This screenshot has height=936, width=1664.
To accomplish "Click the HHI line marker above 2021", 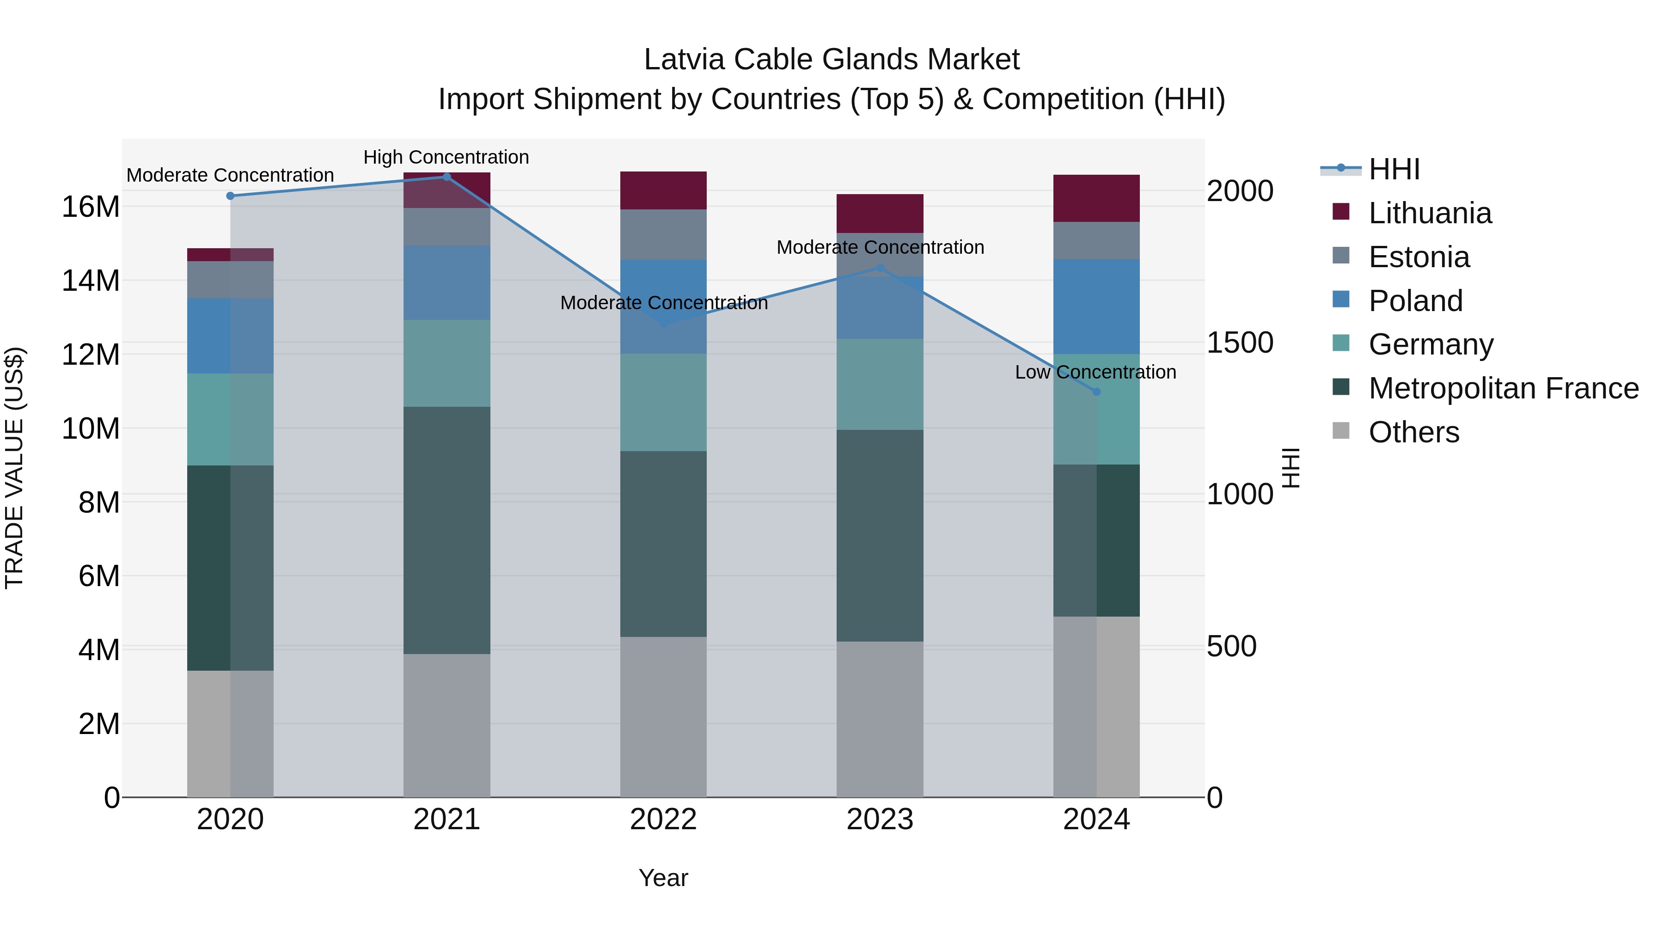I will (447, 177).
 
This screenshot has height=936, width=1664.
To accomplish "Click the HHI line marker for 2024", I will (1096, 392).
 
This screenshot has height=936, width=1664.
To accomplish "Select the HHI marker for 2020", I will (231, 196).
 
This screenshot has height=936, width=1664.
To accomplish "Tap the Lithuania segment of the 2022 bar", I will (663, 190).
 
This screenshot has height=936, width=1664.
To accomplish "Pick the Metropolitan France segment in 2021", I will (447, 530).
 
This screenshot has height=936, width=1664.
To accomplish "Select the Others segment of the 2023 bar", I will (880, 718).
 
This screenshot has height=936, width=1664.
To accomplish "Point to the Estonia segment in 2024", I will (1096, 240).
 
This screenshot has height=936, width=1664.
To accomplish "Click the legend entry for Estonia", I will (1419, 257).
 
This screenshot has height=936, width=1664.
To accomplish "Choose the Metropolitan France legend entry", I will (1503, 388).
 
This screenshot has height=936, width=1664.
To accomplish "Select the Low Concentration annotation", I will (1095, 372).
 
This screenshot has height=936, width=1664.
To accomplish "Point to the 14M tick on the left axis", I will (91, 281).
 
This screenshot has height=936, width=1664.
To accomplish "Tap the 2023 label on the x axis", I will (880, 820).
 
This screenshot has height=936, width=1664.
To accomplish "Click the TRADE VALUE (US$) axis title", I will (14, 468).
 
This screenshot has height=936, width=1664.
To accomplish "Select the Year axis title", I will (663, 878).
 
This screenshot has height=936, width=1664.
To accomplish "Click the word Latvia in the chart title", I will (684, 60).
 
